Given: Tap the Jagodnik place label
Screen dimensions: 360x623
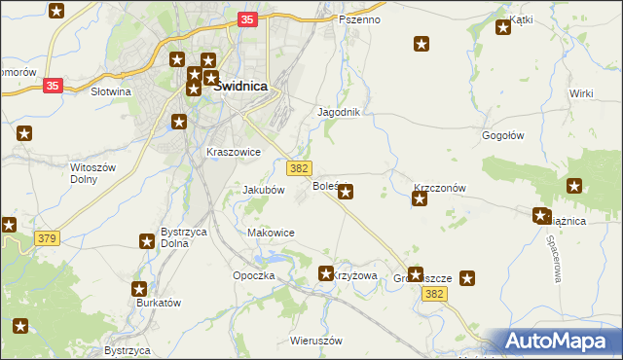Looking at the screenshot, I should click(339, 112).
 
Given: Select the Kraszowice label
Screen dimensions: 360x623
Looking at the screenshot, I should click(233, 153).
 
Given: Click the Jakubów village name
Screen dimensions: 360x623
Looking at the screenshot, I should click(263, 191).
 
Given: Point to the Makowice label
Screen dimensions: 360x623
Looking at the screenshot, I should click(271, 233).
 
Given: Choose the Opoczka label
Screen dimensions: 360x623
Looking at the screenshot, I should click(254, 276).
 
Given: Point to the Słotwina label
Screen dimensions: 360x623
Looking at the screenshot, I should click(110, 91).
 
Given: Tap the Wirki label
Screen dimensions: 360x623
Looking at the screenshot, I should click(582, 93).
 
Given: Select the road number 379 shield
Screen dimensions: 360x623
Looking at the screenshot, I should click(46, 238).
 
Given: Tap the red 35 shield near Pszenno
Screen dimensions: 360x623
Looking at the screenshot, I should click(247, 19).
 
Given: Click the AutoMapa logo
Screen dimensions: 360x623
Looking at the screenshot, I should click(560, 342).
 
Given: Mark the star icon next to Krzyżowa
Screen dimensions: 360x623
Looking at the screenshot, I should click(327, 274).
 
